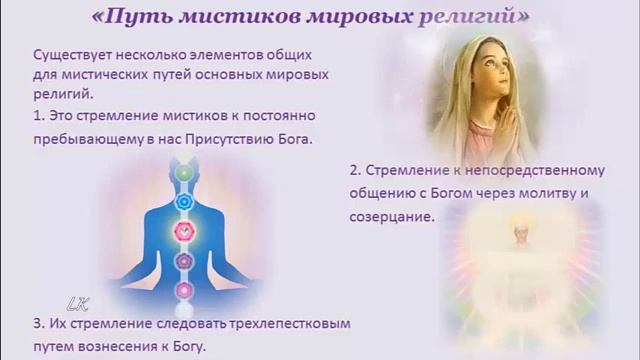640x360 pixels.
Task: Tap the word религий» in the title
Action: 477,17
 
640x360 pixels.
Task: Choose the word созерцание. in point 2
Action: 393,215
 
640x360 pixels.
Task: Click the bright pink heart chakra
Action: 182,232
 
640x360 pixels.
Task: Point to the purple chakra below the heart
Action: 182,262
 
